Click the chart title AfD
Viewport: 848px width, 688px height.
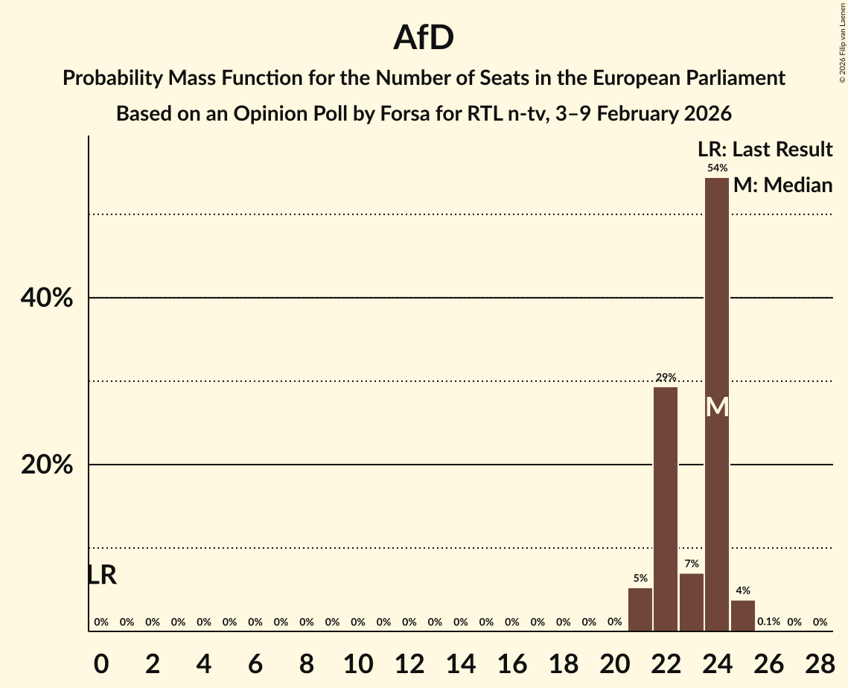(x=424, y=38)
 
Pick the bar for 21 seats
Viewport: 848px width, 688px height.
(x=640, y=610)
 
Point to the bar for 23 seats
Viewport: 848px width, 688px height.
(x=692, y=602)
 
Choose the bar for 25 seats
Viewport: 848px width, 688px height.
(x=743, y=616)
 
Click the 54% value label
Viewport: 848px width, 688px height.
(x=717, y=168)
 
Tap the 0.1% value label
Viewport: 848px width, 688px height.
(x=768, y=622)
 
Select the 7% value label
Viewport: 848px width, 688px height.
(x=692, y=564)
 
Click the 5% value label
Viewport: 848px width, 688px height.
(x=640, y=579)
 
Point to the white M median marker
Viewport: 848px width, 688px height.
(x=717, y=407)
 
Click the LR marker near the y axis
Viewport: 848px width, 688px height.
(x=102, y=575)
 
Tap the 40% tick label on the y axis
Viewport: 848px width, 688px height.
(x=46, y=298)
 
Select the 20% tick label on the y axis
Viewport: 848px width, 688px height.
(x=46, y=465)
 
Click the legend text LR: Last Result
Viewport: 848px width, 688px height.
(x=765, y=150)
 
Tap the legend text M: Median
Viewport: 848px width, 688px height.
(x=782, y=185)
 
